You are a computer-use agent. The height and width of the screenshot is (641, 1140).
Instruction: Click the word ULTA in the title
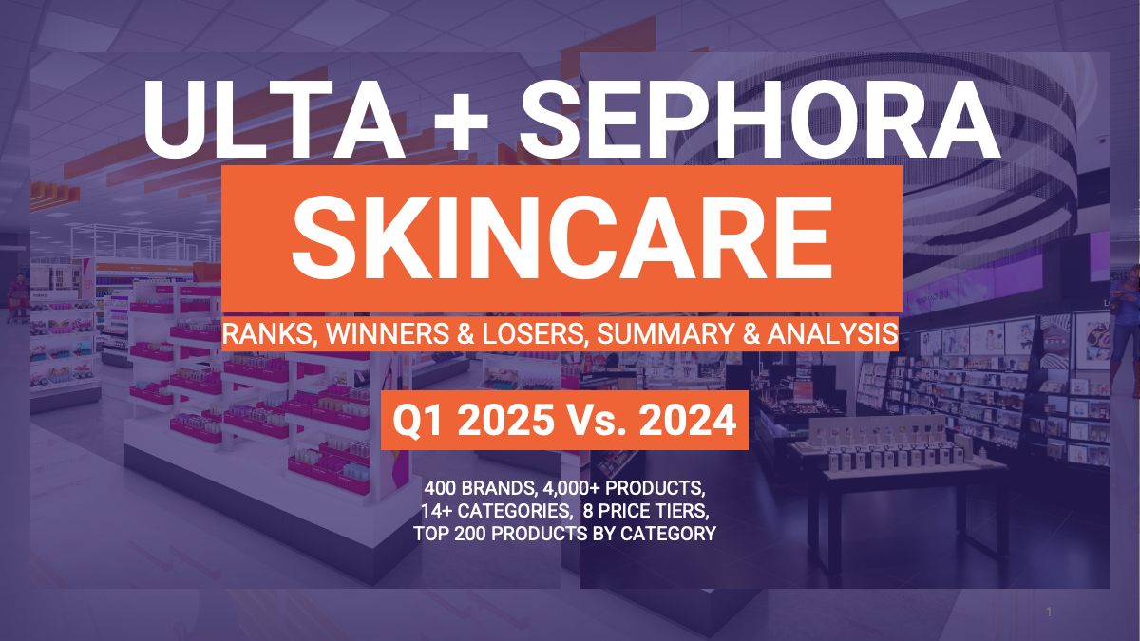[274, 120]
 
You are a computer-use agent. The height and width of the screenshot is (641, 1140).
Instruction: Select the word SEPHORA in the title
[759, 120]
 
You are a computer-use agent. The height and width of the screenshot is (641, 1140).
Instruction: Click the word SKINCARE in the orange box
[561, 237]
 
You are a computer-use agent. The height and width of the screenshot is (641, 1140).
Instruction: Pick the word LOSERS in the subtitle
[534, 334]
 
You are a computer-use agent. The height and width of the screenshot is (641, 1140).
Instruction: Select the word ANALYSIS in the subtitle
[832, 333]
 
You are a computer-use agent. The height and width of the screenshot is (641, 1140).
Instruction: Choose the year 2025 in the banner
[505, 420]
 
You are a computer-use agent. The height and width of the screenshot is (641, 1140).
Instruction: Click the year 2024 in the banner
[688, 420]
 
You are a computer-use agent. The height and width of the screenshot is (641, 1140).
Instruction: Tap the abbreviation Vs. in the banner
[597, 420]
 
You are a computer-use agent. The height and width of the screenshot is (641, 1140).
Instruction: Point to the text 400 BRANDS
[480, 488]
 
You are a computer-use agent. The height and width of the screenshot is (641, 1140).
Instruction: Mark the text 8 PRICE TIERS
[645, 511]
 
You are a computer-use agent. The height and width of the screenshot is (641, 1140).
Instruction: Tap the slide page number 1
[1049, 612]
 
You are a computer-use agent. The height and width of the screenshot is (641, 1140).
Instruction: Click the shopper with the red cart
[18, 299]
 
